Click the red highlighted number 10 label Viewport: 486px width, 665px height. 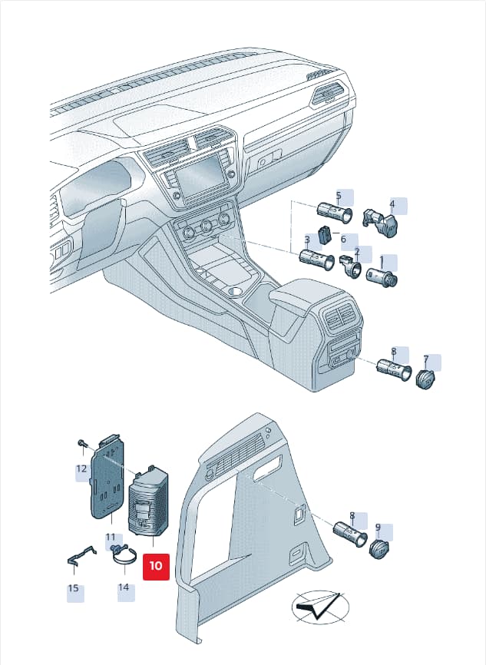click(x=156, y=567)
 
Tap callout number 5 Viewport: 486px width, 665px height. click(x=339, y=196)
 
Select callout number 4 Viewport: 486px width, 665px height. click(x=392, y=204)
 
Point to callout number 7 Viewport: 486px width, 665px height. click(x=426, y=360)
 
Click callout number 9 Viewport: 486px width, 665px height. click(x=378, y=528)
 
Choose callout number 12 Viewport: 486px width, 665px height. click(x=81, y=468)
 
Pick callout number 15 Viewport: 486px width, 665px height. click(x=74, y=588)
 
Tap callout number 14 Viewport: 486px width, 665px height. click(x=124, y=587)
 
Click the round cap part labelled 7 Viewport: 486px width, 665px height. click(x=426, y=379)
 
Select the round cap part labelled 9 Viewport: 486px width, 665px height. click(x=379, y=549)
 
